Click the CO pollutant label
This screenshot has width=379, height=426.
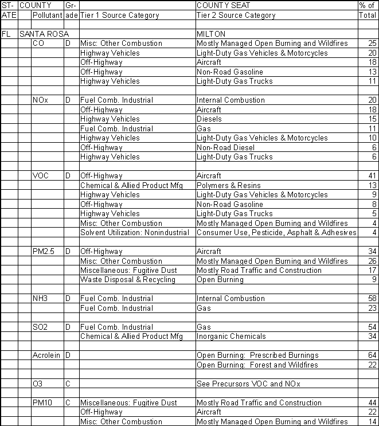click(39, 44)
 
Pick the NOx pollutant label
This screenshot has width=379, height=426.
click(41, 100)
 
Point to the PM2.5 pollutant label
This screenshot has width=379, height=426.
click(44, 251)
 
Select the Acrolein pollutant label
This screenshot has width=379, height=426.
click(46, 355)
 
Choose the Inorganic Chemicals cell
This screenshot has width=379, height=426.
click(231, 336)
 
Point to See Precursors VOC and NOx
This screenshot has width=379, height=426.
click(248, 384)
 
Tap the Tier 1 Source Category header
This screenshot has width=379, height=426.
click(119, 15)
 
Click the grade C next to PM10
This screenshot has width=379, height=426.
click(68, 403)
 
